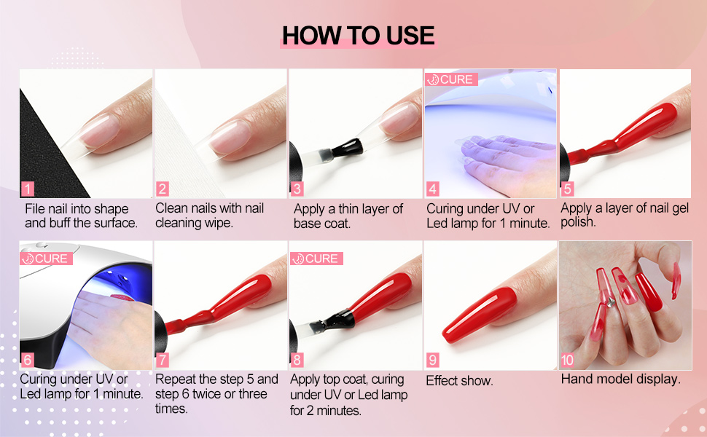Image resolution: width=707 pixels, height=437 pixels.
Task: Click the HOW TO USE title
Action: pos(357,35)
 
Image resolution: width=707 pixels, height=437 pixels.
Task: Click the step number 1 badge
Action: pos(28,189)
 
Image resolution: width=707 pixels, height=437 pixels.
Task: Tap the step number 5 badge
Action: pos(568,189)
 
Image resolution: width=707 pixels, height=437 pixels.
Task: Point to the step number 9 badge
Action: pos(433,360)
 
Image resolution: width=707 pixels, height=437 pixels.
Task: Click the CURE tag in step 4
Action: pos(450,79)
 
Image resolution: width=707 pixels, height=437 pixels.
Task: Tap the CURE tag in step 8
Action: pos(316,259)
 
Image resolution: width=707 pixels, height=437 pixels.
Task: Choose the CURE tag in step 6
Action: pos(45,259)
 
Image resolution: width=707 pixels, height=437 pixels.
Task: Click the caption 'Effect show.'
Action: pos(459,380)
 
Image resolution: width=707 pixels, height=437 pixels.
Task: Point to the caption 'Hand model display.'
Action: pos(620,379)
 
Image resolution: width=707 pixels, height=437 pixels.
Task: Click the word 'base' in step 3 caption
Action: pos(308,224)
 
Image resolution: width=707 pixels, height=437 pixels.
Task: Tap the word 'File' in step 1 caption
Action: pos(36,208)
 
